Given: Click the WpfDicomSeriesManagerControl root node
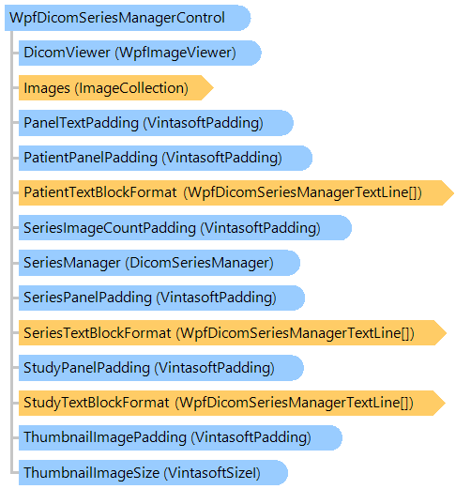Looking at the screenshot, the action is (x=128, y=18).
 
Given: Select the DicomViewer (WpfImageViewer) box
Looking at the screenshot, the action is (x=140, y=53).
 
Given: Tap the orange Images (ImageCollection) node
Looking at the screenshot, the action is (x=116, y=87).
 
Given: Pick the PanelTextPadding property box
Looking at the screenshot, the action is (x=156, y=123).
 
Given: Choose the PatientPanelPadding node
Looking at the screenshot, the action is (x=165, y=158).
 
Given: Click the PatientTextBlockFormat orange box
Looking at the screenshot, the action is (x=236, y=192).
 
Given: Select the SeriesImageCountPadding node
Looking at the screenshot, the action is (x=185, y=227).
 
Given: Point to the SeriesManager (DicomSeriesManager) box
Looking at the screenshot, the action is (x=160, y=263).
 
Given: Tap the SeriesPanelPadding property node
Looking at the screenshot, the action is (x=161, y=298).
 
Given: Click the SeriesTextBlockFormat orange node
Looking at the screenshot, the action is (x=233, y=332).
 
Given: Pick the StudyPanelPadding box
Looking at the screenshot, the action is (x=161, y=368).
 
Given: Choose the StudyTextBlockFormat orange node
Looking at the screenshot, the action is (x=232, y=403).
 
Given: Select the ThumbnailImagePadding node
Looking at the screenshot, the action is (x=180, y=437).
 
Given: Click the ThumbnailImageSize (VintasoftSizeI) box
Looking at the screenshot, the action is (x=153, y=472).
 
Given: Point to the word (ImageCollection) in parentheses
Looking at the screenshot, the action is (x=131, y=88).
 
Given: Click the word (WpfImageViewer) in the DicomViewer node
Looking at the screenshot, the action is (x=175, y=53).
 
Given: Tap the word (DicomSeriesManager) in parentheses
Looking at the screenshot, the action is (x=200, y=263).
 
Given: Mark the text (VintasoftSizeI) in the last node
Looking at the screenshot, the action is (x=212, y=473).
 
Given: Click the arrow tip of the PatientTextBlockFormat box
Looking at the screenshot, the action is (x=453, y=192).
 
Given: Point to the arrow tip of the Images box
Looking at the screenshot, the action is (x=213, y=87).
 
